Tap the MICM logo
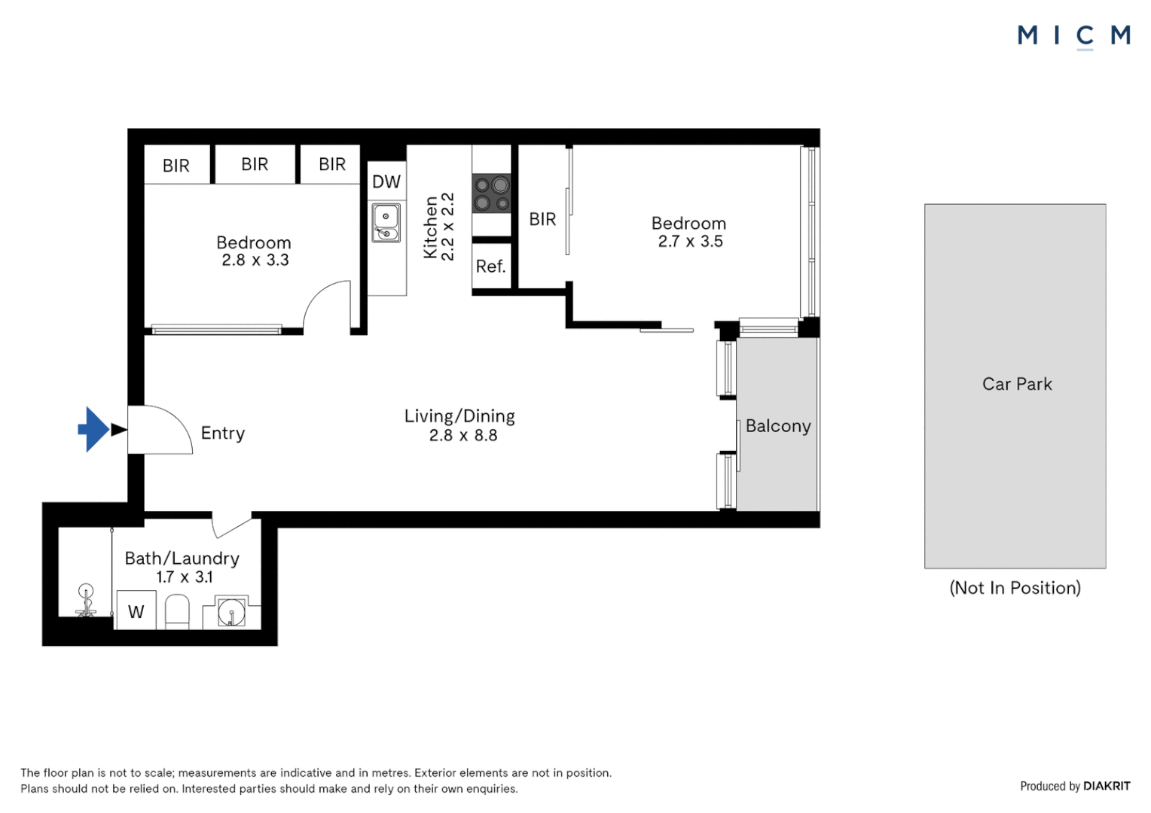[x=1073, y=35]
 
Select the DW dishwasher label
[x=386, y=181]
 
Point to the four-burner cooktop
[x=491, y=193]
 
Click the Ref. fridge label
[x=490, y=266]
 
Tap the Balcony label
[x=777, y=426]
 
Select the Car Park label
[x=1016, y=384]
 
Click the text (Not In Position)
[x=1015, y=588]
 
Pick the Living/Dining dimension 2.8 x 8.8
[x=463, y=436]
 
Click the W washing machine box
[x=136, y=611]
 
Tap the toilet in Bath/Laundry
[x=177, y=611]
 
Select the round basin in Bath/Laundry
[x=231, y=613]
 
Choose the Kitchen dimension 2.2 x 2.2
[x=447, y=227]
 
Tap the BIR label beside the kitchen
[x=542, y=219]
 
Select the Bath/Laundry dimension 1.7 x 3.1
[x=185, y=577]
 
